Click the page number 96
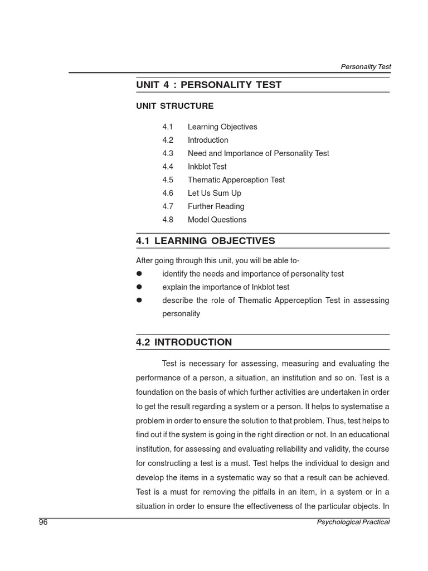pos(43,522)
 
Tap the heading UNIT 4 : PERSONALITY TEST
pos(209,85)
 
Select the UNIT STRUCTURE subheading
pos(174,106)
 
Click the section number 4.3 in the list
pos(168,153)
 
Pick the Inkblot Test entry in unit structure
pos(207,167)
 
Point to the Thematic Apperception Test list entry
pos(236,180)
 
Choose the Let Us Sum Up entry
pos(214,193)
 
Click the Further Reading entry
pos(216,206)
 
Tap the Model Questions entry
pos(217,220)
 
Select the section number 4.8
pos(168,220)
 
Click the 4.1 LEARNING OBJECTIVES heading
pos(206,241)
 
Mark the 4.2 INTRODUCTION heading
pos(184,342)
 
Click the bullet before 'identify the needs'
pos(139,274)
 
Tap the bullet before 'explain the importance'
pos(139,287)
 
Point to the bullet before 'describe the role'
pos(139,301)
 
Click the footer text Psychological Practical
pos(353,522)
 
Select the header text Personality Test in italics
pos(366,66)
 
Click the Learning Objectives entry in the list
pos(222,127)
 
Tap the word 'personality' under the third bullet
pos(181,314)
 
